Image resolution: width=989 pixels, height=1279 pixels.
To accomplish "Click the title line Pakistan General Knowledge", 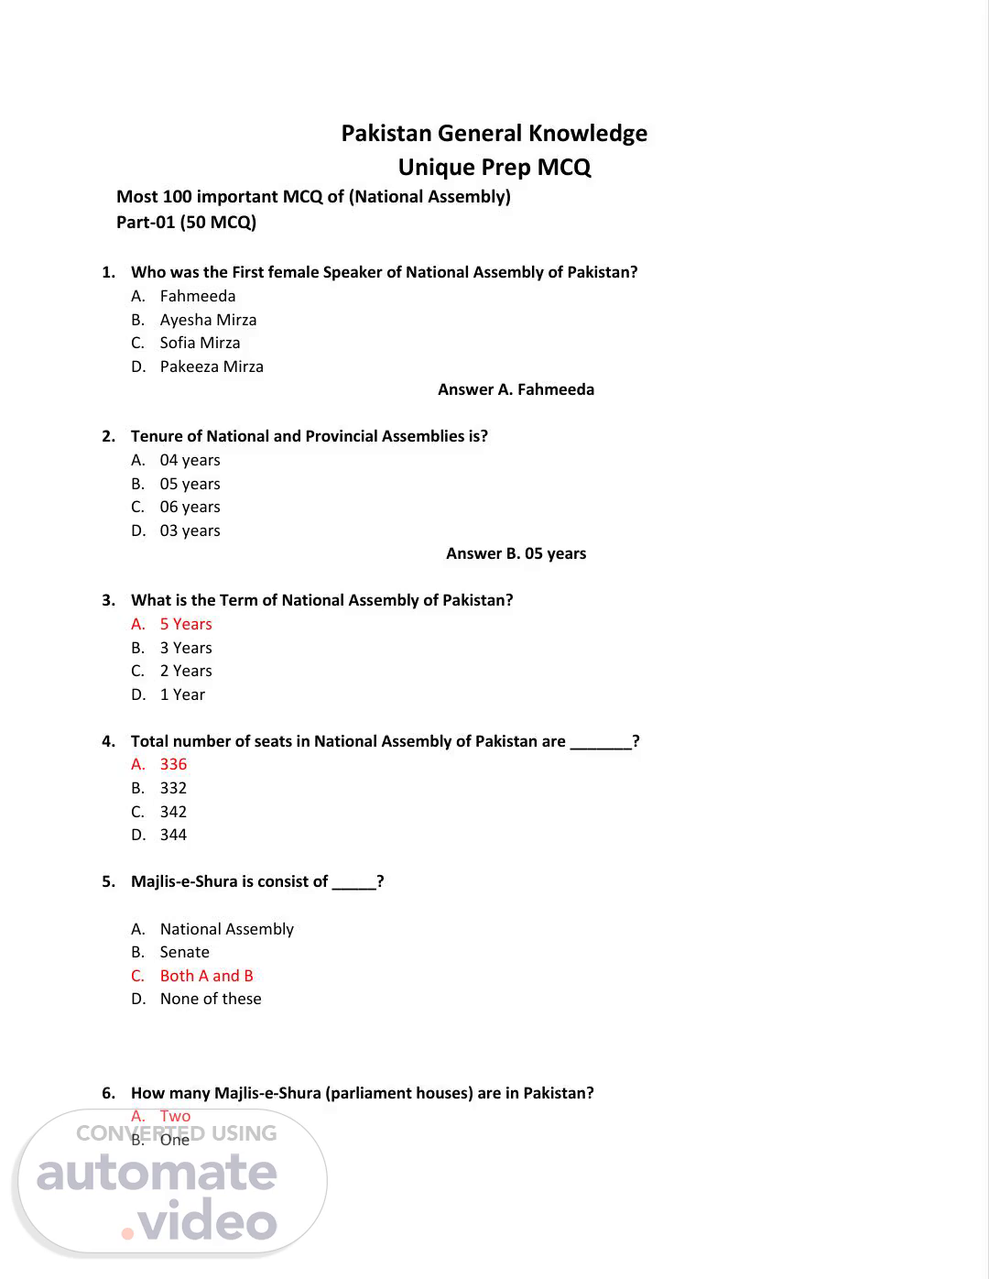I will [494, 134].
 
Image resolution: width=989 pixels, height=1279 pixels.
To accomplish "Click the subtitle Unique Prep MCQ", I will [494, 168].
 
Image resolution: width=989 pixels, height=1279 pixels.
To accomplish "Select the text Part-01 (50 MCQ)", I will [186, 223].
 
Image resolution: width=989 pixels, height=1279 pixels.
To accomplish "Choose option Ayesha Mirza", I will [208, 320].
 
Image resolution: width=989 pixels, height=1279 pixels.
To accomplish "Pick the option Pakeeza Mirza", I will [212, 366].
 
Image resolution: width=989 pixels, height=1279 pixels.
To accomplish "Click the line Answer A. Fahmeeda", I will [516, 389].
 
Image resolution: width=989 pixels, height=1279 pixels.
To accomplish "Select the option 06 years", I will [190, 507].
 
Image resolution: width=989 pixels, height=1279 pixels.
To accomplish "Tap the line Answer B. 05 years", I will [516, 553].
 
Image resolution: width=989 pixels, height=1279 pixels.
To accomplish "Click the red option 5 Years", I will [186, 624].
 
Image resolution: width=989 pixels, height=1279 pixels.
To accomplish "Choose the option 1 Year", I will [182, 694].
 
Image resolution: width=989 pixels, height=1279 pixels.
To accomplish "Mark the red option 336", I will [173, 764].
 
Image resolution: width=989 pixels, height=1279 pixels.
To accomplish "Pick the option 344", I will [173, 835].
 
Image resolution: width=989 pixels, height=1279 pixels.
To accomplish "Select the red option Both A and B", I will [206, 976].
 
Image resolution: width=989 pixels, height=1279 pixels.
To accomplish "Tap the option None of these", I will [211, 999].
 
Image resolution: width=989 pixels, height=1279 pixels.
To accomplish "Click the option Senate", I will [184, 952].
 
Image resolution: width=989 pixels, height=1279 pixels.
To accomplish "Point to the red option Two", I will [175, 1116].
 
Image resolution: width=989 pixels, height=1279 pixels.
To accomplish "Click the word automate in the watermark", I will [157, 1174].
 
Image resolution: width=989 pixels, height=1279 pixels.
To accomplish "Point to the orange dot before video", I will [127, 1233].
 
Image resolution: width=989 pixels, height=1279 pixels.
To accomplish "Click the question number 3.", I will [108, 600].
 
